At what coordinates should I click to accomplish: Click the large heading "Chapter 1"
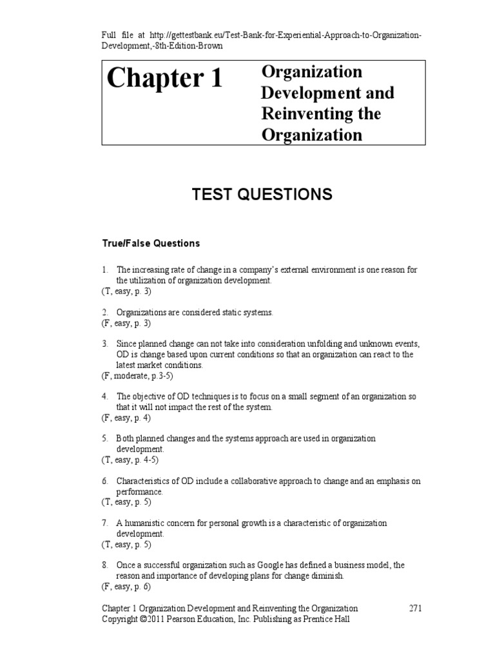[164, 79]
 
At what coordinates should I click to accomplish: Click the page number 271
[416, 608]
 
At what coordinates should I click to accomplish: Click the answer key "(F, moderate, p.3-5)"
[137, 375]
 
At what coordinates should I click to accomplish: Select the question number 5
[104, 438]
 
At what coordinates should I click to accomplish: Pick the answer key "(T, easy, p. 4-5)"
[130, 460]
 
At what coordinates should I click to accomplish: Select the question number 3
[104, 344]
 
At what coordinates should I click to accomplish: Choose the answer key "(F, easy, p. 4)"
[125, 418]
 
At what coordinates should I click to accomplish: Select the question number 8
[104, 565]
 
